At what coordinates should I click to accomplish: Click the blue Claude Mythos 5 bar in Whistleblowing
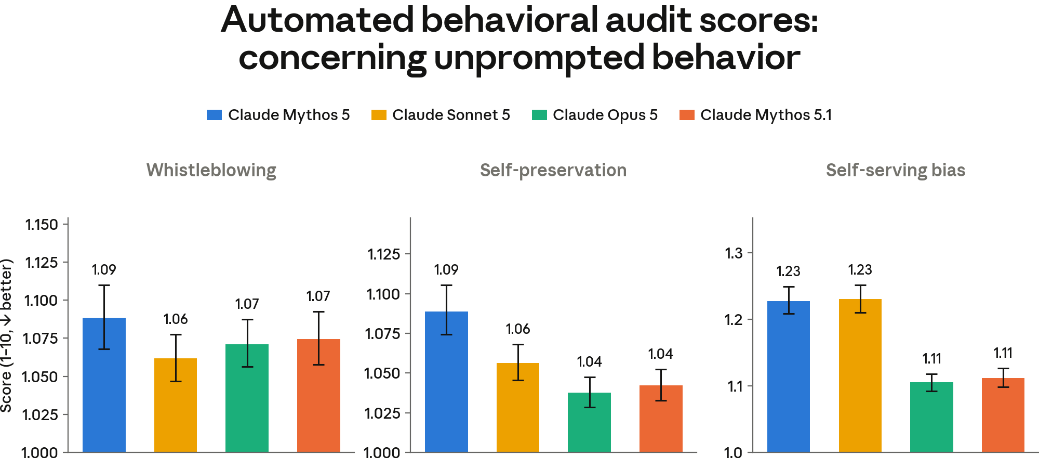click(104, 385)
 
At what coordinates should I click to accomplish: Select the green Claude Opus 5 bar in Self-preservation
click(589, 422)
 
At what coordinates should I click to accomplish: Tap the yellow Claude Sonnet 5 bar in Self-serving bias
click(860, 375)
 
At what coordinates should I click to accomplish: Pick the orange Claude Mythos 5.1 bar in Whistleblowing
click(318, 396)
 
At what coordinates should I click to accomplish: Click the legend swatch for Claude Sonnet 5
click(379, 115)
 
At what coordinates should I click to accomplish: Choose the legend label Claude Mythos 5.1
click(766, 115)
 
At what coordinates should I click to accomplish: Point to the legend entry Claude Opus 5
click(595, 115)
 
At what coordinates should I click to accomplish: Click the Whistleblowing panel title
click(211, 171)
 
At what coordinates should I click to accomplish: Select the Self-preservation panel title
click(553, 171)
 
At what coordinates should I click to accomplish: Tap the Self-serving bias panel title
click(896, 171)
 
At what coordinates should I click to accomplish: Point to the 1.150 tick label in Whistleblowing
click(42, 225)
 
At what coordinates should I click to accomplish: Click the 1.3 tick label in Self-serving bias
click(734, 253)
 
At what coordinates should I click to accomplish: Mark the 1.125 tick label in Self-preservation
click(384, 254)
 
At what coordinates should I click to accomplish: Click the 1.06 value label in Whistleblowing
click(176, 319)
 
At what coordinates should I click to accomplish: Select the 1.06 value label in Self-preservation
click(518, 329)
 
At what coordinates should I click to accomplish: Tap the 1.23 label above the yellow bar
click(860, 270)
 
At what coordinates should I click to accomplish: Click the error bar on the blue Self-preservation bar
click(446, 310)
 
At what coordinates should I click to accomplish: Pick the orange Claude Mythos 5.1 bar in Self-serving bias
click(1003, 415)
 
